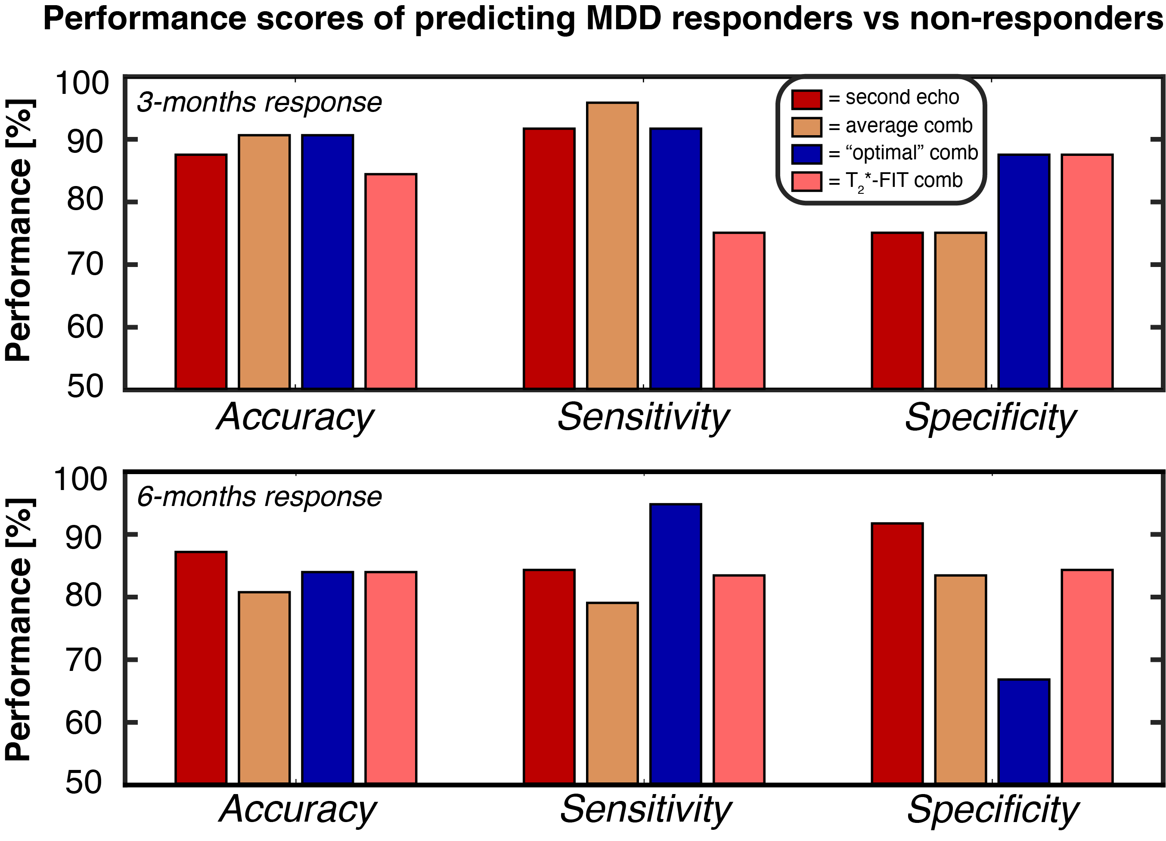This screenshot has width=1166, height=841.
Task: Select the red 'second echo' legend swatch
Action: (x=806, y=99)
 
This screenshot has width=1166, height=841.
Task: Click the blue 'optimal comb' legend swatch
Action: (x=806, y=154)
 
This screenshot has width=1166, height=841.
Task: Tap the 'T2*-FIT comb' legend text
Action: (x=903, y=181)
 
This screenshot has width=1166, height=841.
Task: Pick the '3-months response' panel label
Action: (x=259, y=102)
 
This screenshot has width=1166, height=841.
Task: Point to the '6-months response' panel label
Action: (x=259, y=497)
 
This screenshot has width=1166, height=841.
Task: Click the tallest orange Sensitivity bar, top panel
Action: (x=612, y=246)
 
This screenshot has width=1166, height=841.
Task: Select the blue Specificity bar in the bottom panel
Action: (x=1023, y=732)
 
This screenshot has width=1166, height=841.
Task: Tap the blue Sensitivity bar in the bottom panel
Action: (x=676, y=644)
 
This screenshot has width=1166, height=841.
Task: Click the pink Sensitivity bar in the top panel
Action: (x=739, y=310)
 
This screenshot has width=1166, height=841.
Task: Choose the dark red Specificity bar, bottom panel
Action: (x=897, y=654)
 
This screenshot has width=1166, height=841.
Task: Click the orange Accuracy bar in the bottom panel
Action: (x=264, y=688)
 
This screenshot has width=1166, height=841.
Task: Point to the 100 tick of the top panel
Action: (x=82, y=83)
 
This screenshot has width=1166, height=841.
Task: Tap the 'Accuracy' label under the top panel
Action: (x=295, y=417)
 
